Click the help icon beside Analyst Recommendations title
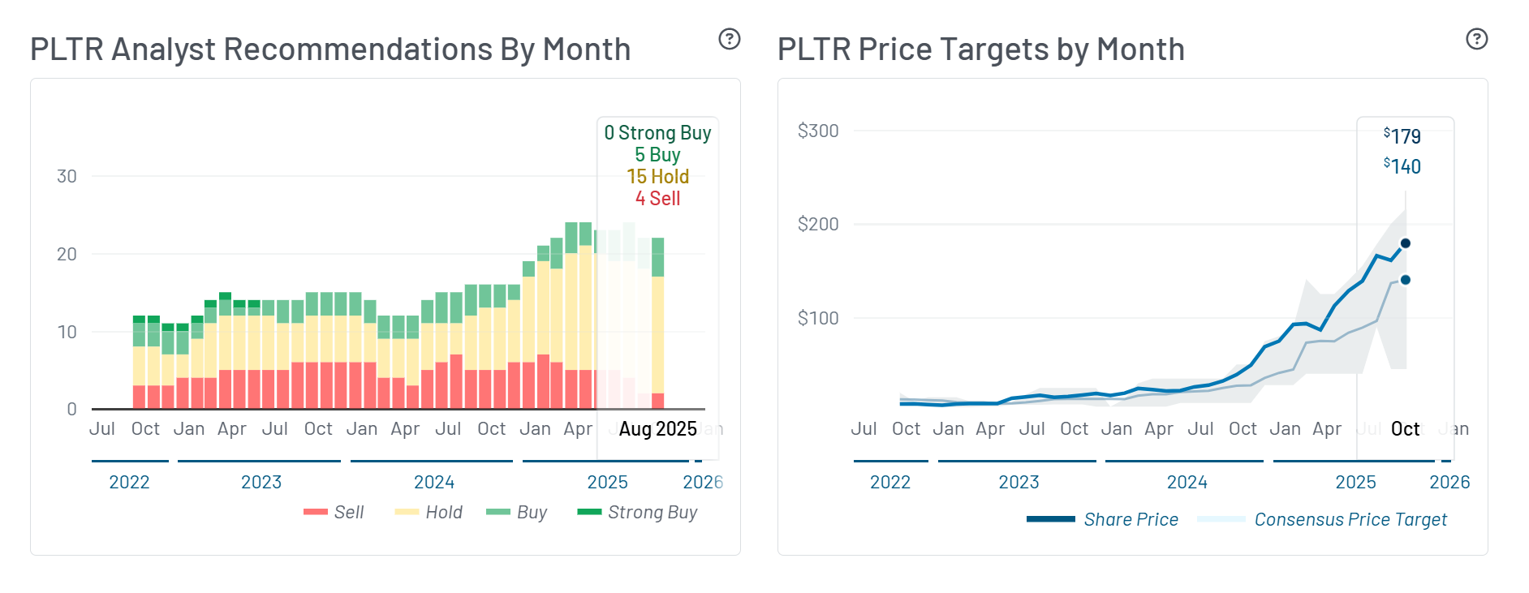click(x=730, y=39)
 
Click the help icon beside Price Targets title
click(x=1476, y=39)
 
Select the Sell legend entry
click(x=334, y=512)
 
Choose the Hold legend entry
click(x=429, y=512)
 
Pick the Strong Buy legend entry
click(x=637, y=512)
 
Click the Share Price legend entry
click(x=1103, y=519)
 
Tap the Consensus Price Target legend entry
click(x=1322, y=519)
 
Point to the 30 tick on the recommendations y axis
click(x=67, y=176)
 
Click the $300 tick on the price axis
click(x=817, y=131)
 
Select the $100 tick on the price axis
click(x=817, y=318)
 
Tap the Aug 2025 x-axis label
click(x=657, y=428)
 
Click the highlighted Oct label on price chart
click(x=1405, y=428)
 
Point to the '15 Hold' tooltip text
click(x=657, y=176)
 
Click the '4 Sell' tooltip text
click(x=657, y=198)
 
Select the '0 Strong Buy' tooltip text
click(x=657, y=132)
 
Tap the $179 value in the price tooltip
click(x=1402, y=136)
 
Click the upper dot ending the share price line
click(x=1406, y=243)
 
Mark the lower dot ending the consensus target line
click(x=1406, y=280)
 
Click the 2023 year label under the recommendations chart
click(x=261, y=482)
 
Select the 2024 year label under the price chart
click(x=1187, y=482)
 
